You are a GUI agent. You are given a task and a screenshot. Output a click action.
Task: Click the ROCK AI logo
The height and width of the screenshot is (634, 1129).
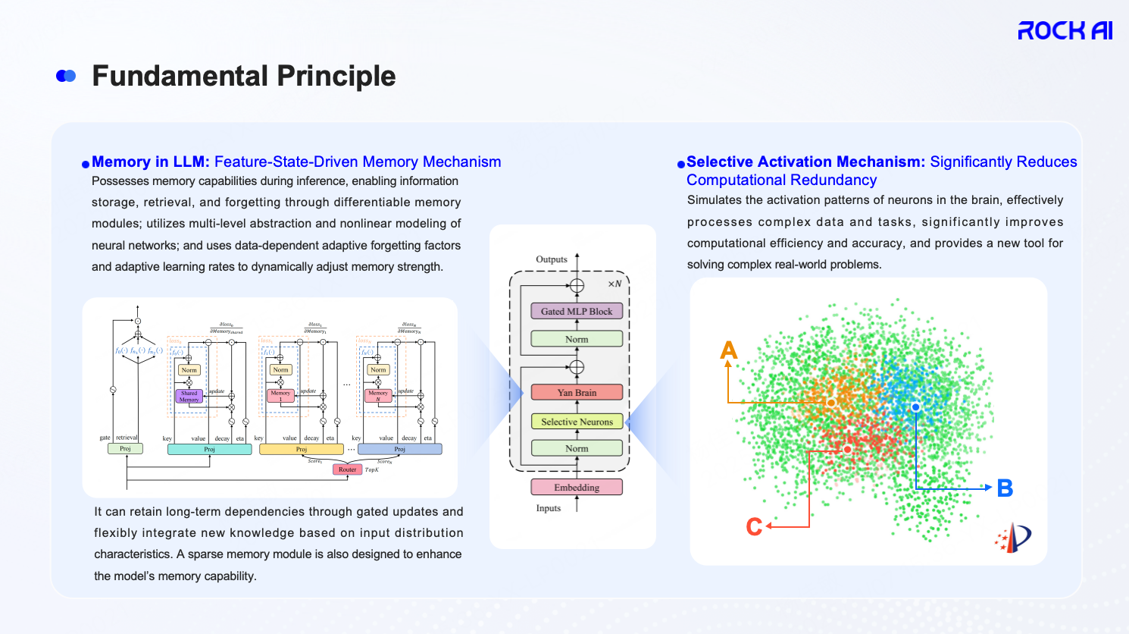pos(1065,30)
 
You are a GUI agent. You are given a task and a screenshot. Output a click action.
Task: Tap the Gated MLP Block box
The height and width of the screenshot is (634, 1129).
pos(577,311)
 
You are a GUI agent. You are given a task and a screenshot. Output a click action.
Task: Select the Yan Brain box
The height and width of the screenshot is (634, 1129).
pos(577,393)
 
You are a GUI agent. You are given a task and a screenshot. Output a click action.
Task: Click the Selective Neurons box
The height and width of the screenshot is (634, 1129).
pos(577,422)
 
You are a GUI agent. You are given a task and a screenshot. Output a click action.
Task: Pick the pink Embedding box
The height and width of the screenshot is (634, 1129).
pos(577,488)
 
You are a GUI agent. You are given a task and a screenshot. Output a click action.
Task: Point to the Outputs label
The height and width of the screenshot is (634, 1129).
pos(552,259)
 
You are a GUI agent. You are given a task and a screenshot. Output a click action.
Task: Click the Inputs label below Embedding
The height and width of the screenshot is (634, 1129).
pos(549,508)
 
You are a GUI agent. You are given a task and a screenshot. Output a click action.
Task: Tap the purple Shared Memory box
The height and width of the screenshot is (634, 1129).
pos(189,396)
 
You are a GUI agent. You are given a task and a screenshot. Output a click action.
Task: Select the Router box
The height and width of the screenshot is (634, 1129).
pos(347,469)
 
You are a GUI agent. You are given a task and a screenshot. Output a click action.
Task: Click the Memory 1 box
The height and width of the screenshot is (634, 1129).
pos(280,396)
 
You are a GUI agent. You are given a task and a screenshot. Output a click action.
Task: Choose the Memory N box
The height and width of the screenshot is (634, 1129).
pos(378,396)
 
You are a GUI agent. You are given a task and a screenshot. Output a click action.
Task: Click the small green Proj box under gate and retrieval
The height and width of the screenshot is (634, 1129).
pos(125,449)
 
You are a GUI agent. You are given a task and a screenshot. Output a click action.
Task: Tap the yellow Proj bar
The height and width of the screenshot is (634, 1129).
pos(302,450)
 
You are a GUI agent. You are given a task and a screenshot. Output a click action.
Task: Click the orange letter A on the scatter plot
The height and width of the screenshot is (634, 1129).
pos(729,350)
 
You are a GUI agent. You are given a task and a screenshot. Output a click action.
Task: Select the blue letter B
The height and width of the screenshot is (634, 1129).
pos(1005,488)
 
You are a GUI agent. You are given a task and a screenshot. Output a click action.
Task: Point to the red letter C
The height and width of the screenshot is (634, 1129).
pos(754,526)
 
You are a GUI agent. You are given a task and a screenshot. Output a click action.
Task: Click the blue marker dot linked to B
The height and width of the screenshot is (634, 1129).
pos(916,407)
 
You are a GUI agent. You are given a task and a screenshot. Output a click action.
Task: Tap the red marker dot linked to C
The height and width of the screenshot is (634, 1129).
pos(847,450)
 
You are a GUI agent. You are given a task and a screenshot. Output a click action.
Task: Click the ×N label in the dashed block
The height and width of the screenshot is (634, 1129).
pos(615,284)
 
